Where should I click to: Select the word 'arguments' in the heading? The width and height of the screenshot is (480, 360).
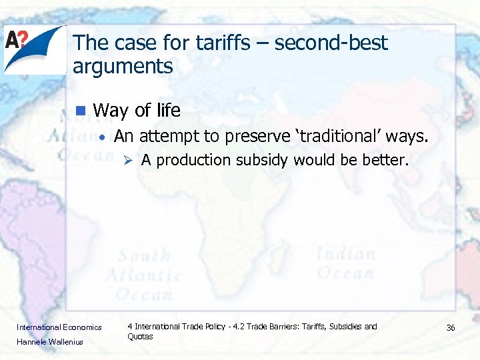point(123,67)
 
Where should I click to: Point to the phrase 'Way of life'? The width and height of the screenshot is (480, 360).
point(137,110)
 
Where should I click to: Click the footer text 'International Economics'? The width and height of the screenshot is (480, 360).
point(59,327)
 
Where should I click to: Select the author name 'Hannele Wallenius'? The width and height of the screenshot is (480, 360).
point(50,342)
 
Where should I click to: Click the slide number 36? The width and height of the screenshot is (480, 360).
point(450,327)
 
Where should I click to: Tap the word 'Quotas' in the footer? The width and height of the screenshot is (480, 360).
point(140,337)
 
